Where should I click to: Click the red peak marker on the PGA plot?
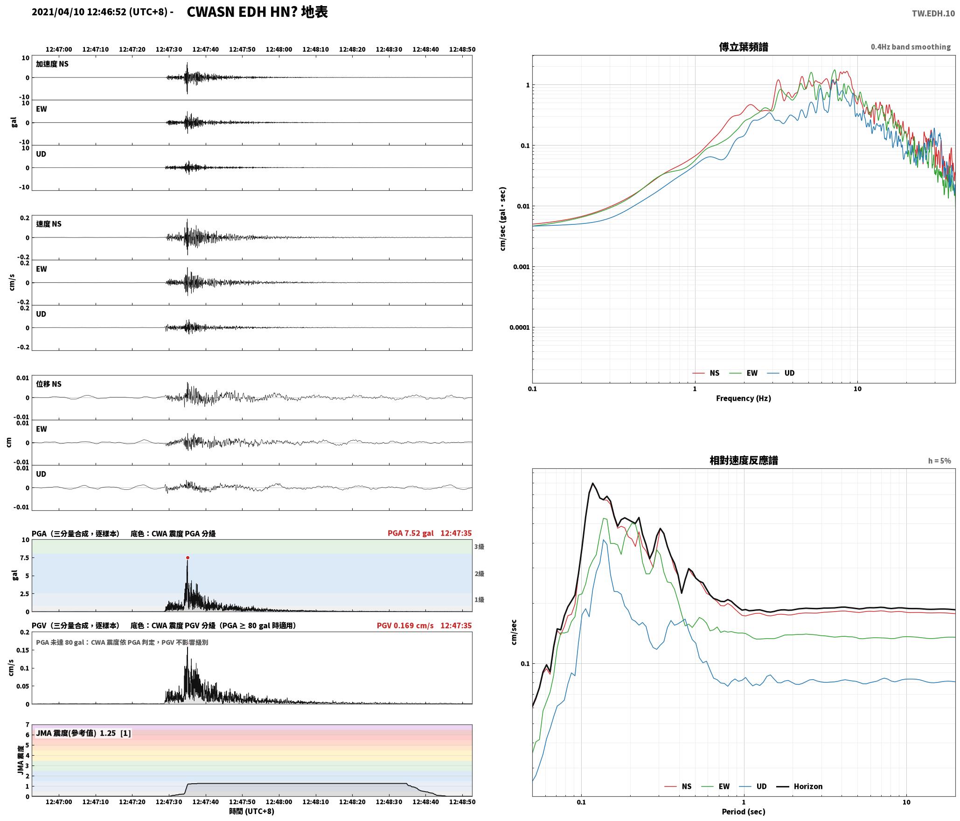[188, 557]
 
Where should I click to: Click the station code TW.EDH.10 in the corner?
[933, 14]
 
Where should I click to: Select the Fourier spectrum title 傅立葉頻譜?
[744, 47]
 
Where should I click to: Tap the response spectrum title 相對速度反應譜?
[744, 460]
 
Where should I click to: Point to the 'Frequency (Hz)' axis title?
[744, 398]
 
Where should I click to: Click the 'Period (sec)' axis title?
[744, 811]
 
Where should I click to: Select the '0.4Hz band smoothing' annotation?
[911, 47]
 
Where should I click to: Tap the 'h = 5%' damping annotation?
[939, 461]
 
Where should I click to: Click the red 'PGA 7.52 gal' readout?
[410, 533]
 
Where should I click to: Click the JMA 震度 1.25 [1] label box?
[83, 733]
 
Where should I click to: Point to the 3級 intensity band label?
[479, 546]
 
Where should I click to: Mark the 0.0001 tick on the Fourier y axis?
[520, 327]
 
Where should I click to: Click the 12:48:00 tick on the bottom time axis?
[279, 801]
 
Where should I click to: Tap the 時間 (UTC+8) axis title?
[251, 811]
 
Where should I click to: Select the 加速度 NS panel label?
[52, 64]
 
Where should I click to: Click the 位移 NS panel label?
[49, 384]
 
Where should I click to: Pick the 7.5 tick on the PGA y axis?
[24, 557]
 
